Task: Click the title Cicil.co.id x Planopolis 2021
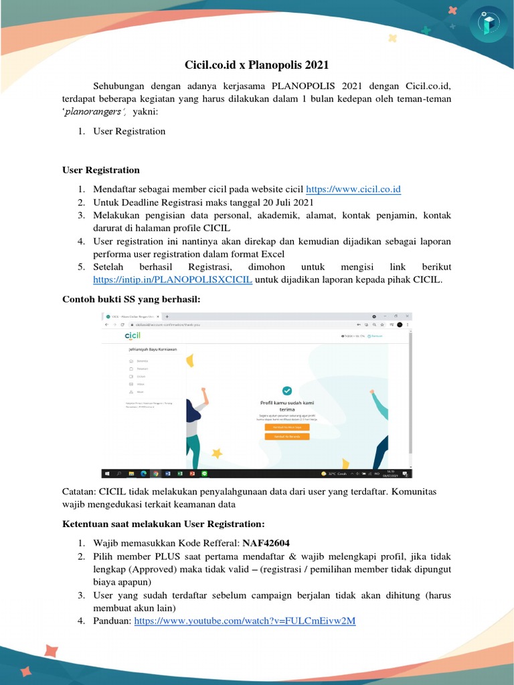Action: click(257, 65)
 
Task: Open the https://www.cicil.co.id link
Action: click(353, 189)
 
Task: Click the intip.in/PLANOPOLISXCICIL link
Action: click(172, 279)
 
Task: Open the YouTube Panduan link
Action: click(245, 621)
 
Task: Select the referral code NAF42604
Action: click(266, 543)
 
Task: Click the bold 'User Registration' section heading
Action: click(101, 170)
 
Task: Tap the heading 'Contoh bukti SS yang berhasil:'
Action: click(131, 298)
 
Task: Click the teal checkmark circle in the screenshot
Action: click(286, 391)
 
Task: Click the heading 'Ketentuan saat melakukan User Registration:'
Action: click(163, 523)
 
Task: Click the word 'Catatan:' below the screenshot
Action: click(79, 492)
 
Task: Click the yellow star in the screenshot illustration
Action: click(216, 454)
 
